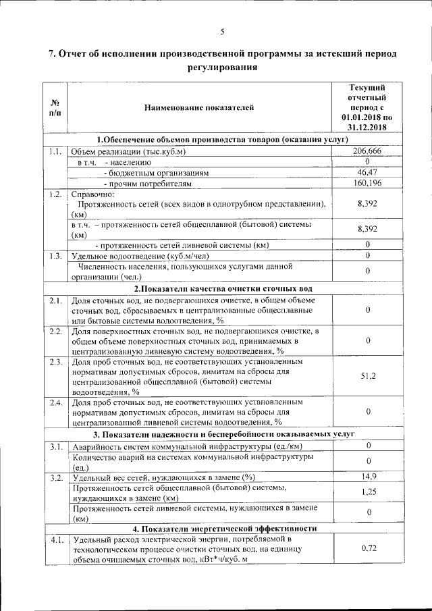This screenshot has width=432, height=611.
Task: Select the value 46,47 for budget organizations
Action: [x=367, y=172]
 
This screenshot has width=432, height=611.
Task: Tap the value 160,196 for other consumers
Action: [x=367, y=183]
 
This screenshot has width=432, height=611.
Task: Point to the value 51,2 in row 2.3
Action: [x=367, y=376]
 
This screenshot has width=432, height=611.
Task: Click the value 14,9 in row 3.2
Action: [x=367, y=477]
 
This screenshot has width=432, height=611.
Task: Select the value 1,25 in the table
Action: [x=367, y=492]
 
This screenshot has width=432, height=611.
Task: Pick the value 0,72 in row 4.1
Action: [x=367, y=548]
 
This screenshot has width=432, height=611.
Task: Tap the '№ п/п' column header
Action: [x=55, y=107]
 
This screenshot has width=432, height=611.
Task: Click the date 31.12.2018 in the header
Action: [x=367, y=126]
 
